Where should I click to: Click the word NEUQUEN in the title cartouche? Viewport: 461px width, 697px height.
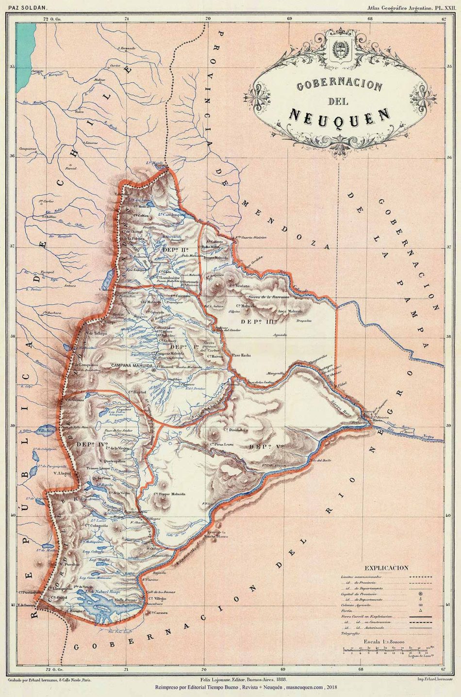pos(339,115)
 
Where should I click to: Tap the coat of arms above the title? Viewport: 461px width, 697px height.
pos(340,50)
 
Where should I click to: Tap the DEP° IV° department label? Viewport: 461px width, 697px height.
pos(88,443)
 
